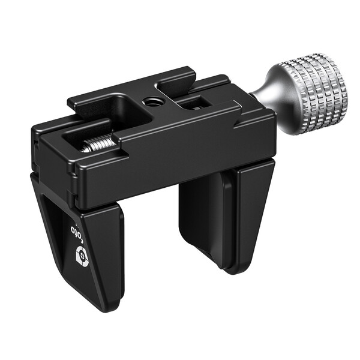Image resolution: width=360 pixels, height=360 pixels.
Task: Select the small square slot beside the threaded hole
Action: point(191,103)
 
